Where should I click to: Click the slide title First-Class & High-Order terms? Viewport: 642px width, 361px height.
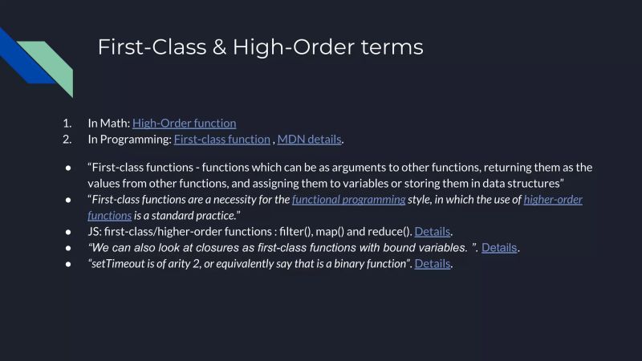(x=260, y=47)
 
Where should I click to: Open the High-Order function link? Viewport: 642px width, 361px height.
(x=184, y=123)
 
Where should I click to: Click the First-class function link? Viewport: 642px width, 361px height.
(x=221, y=139)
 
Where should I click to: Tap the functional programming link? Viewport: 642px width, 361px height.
(x=348, y=199)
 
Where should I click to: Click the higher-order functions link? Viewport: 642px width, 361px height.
(x=553, y=199)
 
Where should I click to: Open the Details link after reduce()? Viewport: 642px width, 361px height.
(x=433, y=231)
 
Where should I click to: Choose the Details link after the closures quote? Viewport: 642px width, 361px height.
(x=499, y=247)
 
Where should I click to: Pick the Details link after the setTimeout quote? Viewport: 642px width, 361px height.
(x=433, y=263)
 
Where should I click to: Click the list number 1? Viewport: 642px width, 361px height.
(x=67, y=123)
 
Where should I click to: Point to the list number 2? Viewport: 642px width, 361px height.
(x=67, y=139)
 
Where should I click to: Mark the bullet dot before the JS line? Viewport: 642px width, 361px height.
(x=67, y=231)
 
